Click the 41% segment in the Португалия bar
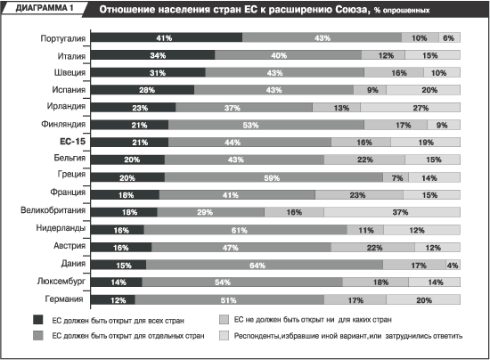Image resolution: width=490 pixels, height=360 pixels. pyautogui.click(x=167, y=37)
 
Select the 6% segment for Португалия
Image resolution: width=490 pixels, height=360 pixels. pyautogui.click(x=449, y=37)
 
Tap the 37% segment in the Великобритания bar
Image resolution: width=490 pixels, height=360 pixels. pyautogui.click(x=392, y=212)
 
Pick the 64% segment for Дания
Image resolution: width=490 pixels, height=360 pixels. pyautogui.click(x=265, y=265)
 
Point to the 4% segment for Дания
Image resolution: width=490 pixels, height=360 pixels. pyautogui.click(x=453, y=265)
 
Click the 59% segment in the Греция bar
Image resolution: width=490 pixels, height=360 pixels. pyautogui.click(x=274, y=177)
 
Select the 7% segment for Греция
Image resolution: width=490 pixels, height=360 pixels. pyautogui.click(x=396, y=177)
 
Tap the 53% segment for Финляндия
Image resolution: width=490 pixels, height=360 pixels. pyautogui.click(x=266, y=125)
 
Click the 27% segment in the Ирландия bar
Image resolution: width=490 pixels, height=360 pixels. pyautogui.click(x=410, y=107)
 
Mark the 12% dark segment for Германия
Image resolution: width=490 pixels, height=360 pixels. pyautogui.click(x=113, y=299)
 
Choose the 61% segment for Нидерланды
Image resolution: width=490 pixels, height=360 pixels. pyautogui.click(x=245, y=230)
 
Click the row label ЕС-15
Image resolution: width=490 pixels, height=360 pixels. pyautogui.click(x=72, y=142)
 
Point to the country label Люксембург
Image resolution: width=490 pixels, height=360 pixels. pyautogui.click(x=61, y=282)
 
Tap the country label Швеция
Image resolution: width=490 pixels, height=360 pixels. pyautogui.click(x=69, y=72)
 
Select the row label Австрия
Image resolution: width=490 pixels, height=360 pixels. pyautogui.click(x=69, y=246)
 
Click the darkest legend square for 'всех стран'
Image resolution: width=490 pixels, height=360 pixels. pyautogui.click(x=37, y=320)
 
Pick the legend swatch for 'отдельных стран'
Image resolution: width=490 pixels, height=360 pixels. pyautogui.click(x=37, y=335)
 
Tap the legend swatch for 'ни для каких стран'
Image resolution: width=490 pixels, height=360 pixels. pyautogui.click(x=224, y=319)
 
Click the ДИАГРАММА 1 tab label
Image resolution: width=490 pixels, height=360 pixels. pyautogui.click(x=45, y=8)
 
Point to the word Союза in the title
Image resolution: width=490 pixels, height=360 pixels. pyautogui.click(x=353, y=10)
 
